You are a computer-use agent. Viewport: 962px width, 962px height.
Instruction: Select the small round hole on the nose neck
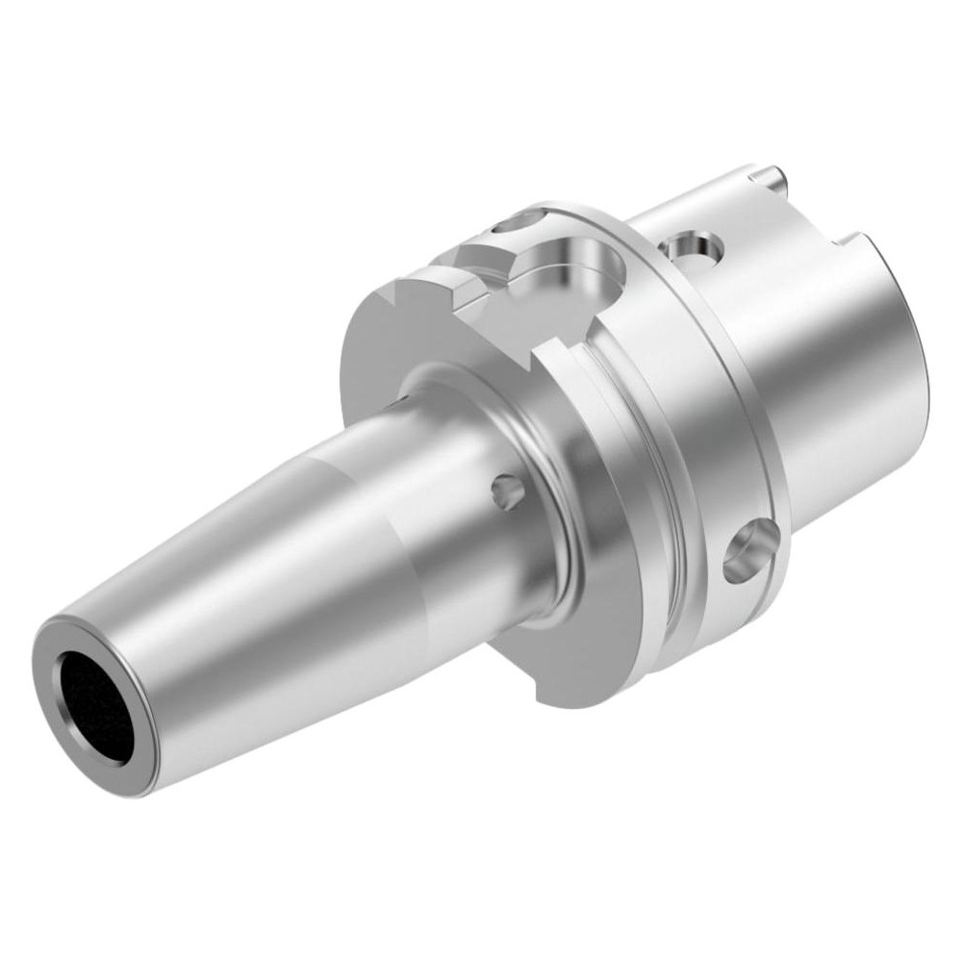507,493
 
